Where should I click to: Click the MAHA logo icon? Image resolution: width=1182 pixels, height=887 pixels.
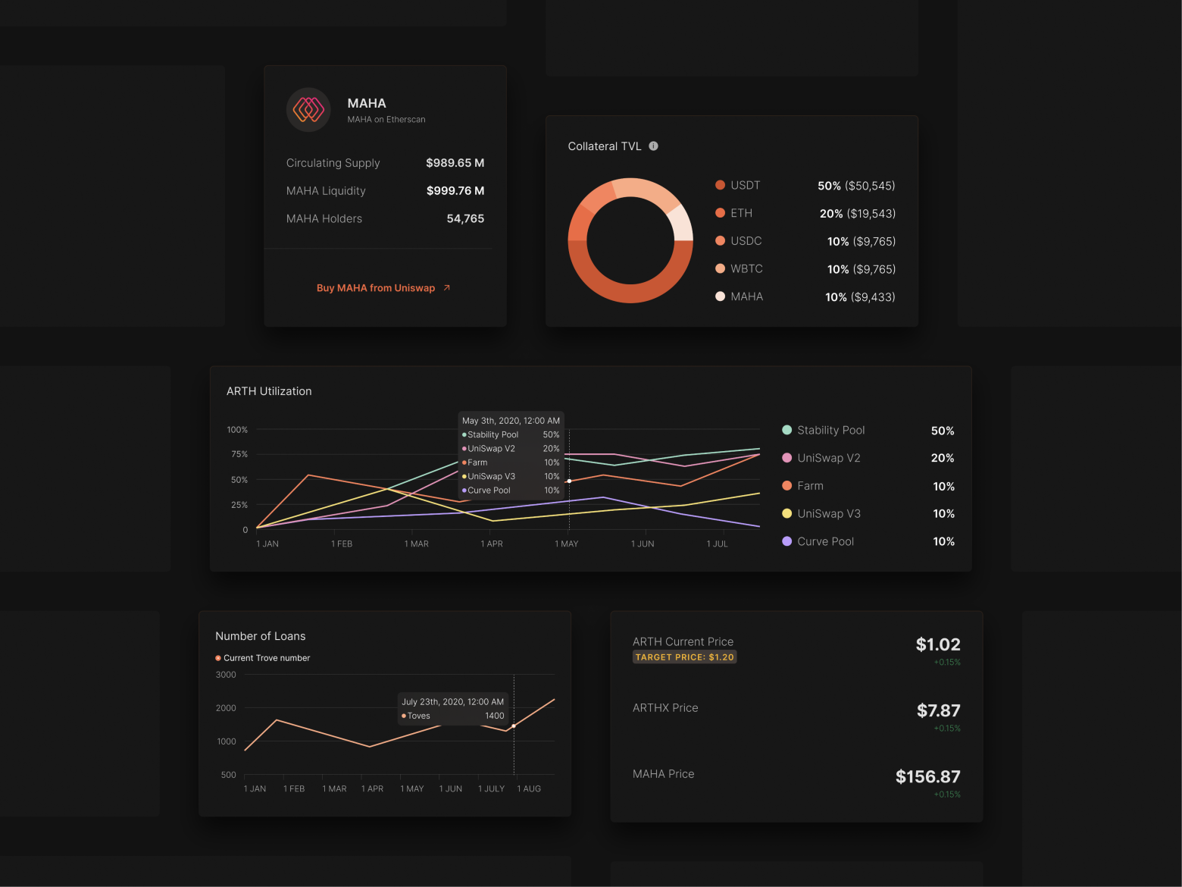(308, 110)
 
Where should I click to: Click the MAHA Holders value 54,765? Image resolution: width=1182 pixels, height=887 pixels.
(465, 218)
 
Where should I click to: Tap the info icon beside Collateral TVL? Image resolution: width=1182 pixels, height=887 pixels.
(653, 146)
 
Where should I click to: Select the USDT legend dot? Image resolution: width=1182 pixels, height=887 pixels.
(720, 185)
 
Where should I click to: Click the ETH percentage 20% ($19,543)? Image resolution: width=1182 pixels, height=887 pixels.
(857, 214)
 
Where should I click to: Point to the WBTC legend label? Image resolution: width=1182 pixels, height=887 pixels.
(746, 269)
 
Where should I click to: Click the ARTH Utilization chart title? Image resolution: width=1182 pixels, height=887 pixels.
(269, 391)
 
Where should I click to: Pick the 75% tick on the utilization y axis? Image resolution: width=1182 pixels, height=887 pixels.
(239, 454)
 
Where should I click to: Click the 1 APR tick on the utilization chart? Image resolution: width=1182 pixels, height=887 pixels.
(492, 544)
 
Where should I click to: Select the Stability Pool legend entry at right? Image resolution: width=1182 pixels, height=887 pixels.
(830, 431)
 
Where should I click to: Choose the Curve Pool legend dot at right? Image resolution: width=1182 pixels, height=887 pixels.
(786, 541)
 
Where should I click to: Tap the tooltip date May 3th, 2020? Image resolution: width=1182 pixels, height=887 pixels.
(511, 421)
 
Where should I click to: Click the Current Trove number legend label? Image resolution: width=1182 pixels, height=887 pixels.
(267, 658)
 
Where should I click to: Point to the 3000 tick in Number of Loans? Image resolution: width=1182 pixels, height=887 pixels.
(226, 675)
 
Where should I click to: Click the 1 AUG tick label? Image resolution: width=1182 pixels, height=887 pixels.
(529, 788)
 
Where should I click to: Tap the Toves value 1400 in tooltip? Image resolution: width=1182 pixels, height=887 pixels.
(494, 716)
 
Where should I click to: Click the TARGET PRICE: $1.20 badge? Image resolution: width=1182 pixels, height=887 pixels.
(684, 657)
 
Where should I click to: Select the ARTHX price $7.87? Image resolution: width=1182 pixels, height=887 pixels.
(938, 710)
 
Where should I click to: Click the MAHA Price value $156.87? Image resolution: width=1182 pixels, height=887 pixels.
(927, 776)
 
